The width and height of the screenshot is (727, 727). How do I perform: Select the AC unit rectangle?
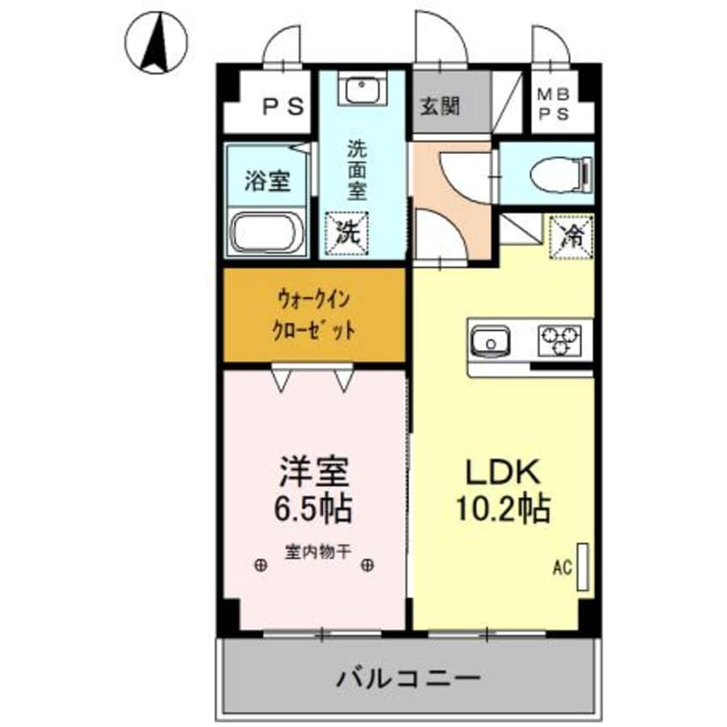583,565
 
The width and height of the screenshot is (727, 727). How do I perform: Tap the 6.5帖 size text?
313,510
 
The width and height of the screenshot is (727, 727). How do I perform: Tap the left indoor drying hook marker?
260,565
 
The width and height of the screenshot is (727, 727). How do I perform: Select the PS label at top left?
284,107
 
